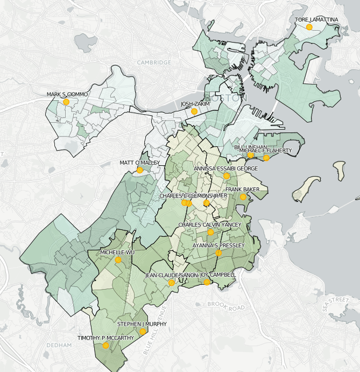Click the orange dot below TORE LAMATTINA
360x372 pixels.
(x=309, y=27)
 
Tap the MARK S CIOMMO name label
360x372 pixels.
(x=67, y=95)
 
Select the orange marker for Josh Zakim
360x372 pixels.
(x=194, y=111)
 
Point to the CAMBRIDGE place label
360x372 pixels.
(x=153, y=62)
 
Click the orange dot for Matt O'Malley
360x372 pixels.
(x=140, y=170)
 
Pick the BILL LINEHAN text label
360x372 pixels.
(x=251, y=147)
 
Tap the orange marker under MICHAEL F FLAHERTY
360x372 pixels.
(x=266, y=158)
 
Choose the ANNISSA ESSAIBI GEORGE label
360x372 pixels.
(x=226, y=169)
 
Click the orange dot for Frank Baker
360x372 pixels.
(x=243, y=197)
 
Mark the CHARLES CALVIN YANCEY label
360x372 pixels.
(x=210, y=224)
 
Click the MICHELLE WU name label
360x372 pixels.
(x=117, y=252)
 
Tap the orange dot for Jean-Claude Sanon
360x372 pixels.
(x=171, y=283)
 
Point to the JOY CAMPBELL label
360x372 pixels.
(x=218, y=275)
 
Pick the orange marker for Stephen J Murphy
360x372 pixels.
(x=143, y=332)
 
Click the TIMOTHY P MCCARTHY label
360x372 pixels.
(x=105, y=338)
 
